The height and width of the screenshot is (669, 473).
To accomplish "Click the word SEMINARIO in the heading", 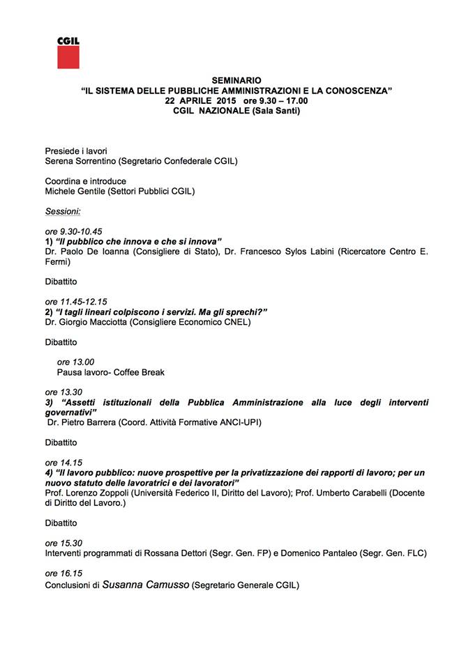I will (236, 81).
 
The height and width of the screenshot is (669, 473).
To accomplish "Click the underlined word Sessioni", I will (63, 210).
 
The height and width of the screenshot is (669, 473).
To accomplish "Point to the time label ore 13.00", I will (75, 362).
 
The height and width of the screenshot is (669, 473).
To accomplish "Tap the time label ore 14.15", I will (63, 462).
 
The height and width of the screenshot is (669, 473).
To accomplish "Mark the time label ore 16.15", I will (63, 573).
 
